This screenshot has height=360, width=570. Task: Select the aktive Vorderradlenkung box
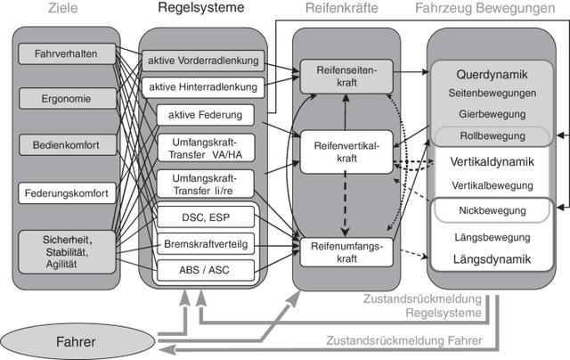203,61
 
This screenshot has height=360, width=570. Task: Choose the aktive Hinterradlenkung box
203,87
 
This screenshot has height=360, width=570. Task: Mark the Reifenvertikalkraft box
346,151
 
